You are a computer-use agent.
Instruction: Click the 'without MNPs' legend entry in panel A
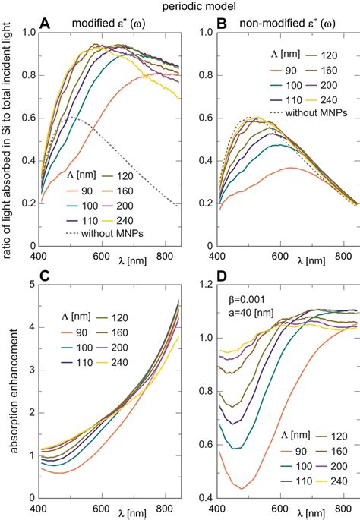pos(112,233)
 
